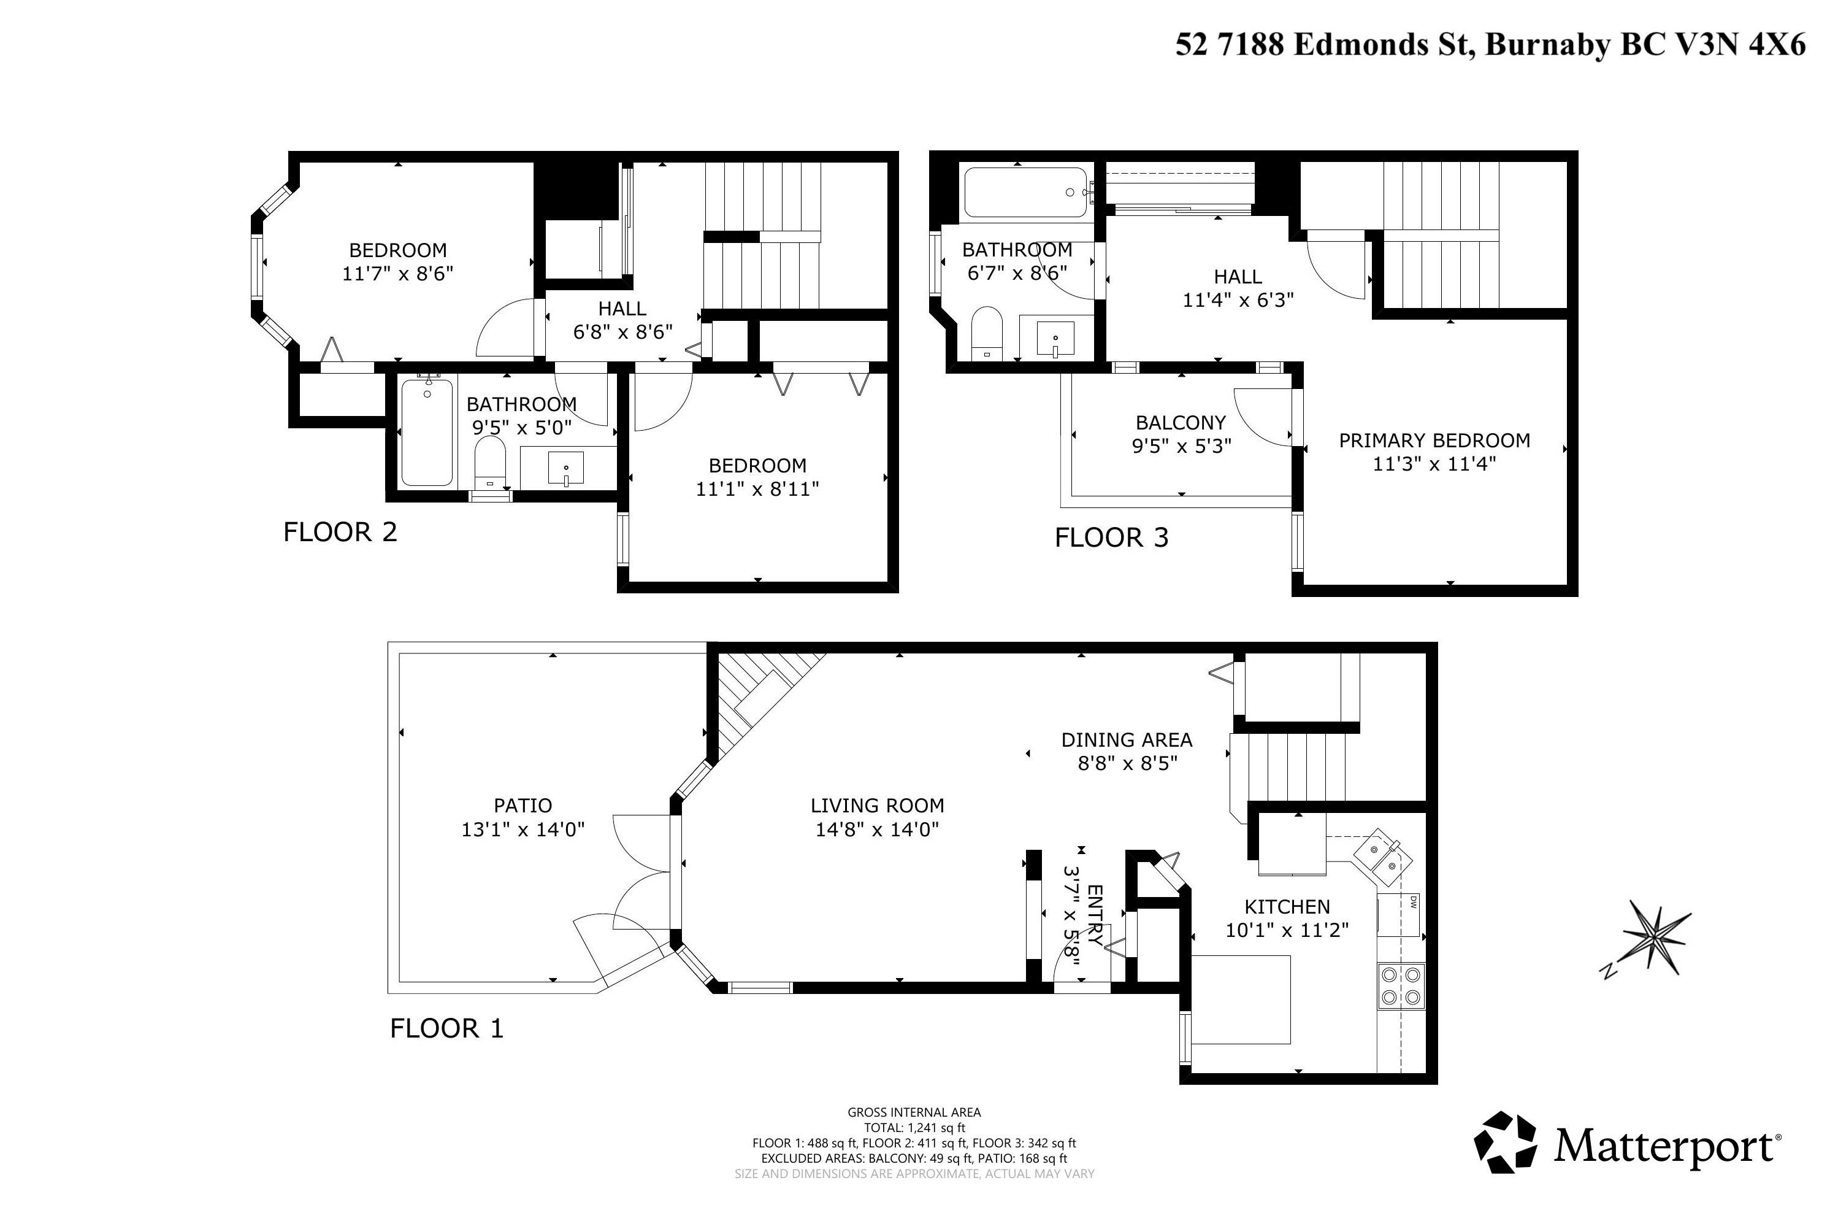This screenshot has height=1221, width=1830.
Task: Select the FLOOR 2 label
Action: pos(340,532)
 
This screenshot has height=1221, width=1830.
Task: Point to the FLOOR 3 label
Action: pos(1111,537)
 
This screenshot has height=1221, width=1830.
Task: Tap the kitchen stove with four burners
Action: pos(1401,986)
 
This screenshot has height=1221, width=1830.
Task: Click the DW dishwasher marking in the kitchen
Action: pos(1412,903)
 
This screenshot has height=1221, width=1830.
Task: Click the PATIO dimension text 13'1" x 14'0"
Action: pos(523,830)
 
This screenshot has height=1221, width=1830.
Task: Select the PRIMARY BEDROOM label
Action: pos(1434,440)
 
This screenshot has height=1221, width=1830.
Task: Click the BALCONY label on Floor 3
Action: pos(1181,422)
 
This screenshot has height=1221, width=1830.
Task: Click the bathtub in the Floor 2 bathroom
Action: pos(427,432)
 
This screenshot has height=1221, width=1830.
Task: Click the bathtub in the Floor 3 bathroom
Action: pos(1026,192)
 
